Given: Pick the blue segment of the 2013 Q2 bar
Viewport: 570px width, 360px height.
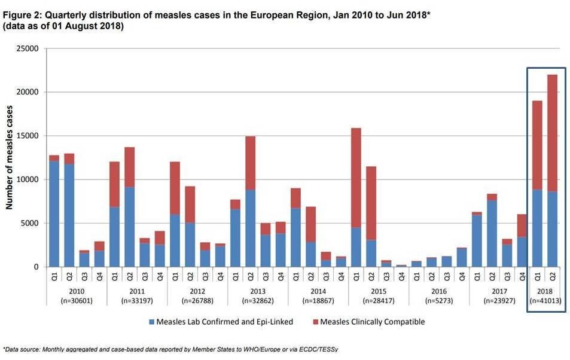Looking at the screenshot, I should (x=251, y=228).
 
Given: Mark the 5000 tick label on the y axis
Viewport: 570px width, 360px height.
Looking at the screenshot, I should (x=31, y=223).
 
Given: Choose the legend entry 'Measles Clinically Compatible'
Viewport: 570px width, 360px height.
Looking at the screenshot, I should (x=372, y=322).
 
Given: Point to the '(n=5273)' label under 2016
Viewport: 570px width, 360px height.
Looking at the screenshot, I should (x=439, y=300).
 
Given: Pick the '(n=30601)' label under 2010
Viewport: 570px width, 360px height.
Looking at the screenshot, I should (x=77, y=300).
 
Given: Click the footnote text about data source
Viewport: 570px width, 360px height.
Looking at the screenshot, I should (x=173, y=349).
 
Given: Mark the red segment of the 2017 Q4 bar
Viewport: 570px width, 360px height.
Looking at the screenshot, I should (x=522, y=225).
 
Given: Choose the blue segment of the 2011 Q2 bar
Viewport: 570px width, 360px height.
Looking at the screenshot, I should (x=130, y=227).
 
